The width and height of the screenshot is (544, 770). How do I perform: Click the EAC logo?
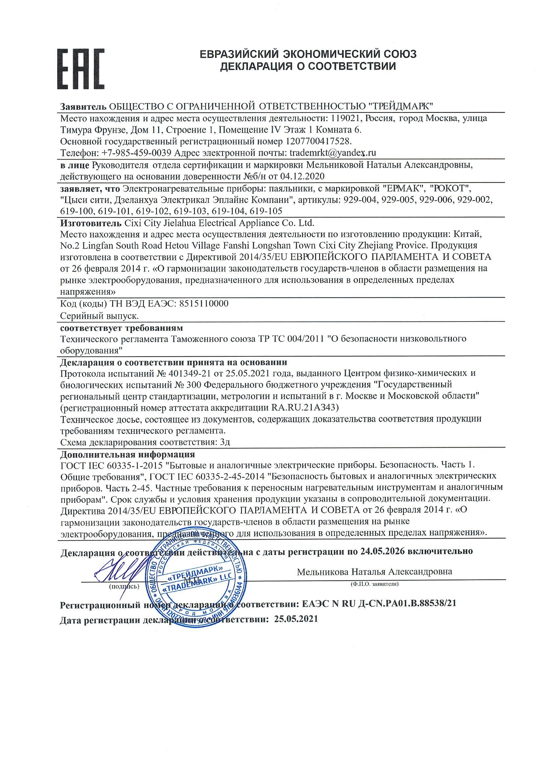[81, 69]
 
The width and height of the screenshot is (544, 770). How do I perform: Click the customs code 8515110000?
[204, 304]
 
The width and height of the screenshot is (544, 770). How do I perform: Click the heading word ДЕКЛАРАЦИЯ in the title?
[256, 66]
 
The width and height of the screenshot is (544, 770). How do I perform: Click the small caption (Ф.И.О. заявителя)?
[374, 584]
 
